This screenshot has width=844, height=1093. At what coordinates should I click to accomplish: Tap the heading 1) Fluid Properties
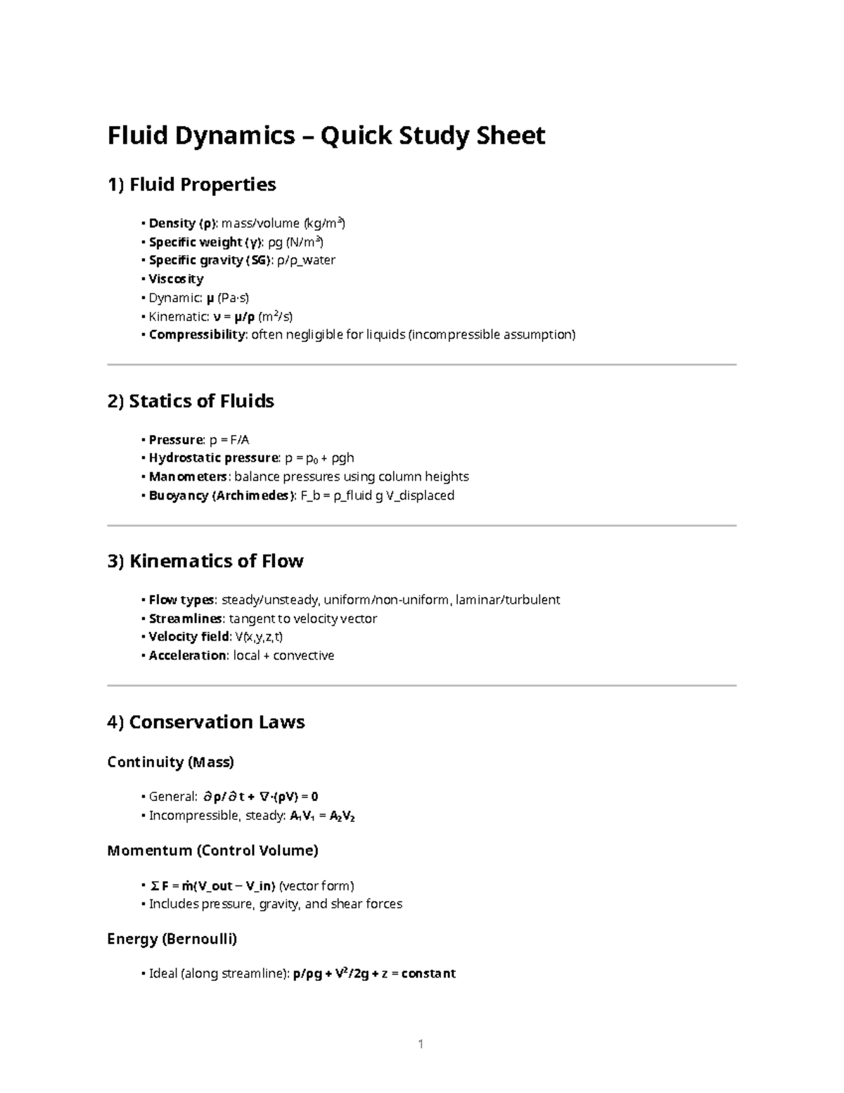click(x=191, y=184)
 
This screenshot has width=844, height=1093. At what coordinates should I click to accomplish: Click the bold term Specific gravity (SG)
click(x=209, y=260)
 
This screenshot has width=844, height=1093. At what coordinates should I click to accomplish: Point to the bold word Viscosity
click(x=176, y=279)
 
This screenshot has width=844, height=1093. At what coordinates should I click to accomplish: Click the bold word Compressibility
click(x=197, y=334)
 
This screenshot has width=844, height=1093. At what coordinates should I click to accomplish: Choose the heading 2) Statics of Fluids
click(x=191, y=401)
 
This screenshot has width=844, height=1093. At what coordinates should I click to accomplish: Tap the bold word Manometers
click(x=188, y=476)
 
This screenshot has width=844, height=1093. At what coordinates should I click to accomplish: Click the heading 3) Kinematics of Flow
click(x=205, y=561)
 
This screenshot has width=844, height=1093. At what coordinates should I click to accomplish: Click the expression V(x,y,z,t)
click(x=259, y=637)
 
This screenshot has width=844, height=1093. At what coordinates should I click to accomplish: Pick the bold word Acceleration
click(x=188, y=655)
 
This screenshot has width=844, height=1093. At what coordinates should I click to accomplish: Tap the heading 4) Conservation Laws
click(x=206, y=721)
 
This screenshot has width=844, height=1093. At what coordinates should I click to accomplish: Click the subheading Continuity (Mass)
click(x=170, y=762)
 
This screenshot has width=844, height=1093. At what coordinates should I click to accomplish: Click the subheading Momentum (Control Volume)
click(x=212, y=850)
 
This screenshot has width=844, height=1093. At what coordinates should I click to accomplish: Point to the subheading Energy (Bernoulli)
click(x=172, y=939)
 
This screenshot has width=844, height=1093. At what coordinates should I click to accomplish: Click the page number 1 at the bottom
click(x=421, y=1044)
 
